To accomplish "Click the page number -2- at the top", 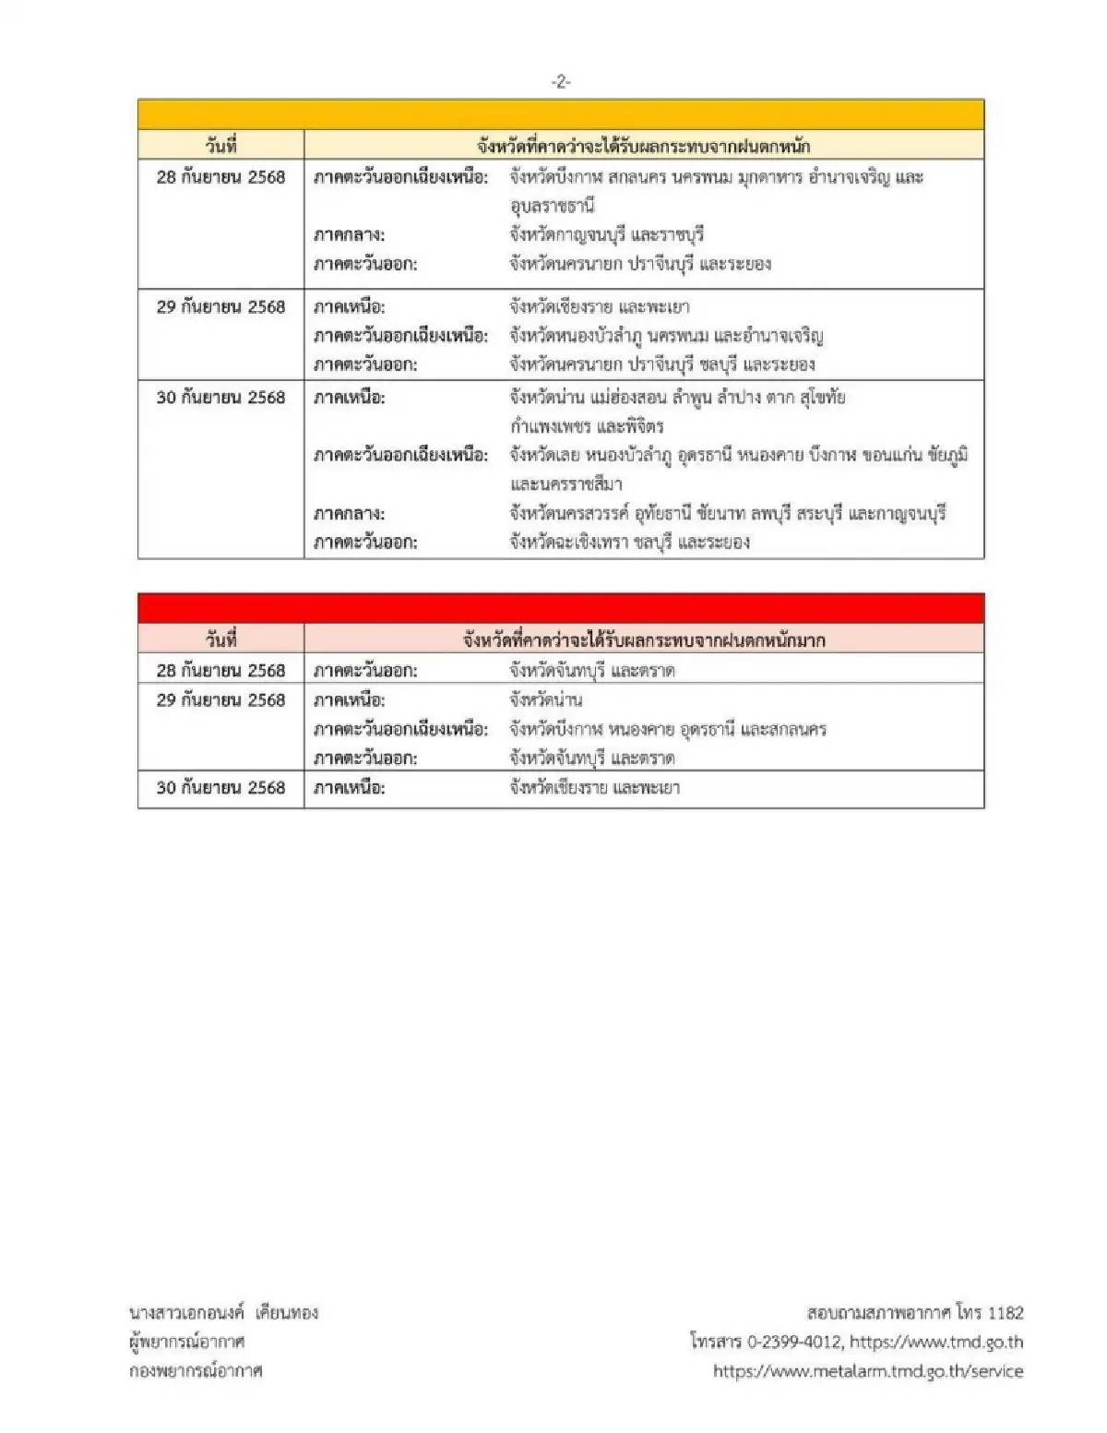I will coord(561,82).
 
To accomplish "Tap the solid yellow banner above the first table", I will coord(561,114).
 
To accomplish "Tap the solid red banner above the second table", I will coord(561,608).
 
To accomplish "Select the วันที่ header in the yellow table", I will coord(221,146).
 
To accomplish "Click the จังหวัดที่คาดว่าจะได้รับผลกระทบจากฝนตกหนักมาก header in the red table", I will coord(644,639).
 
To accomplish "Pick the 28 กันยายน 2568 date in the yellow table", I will coord(221,177).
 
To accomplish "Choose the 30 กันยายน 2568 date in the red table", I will coord(221,788).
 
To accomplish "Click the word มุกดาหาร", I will coord(767,177).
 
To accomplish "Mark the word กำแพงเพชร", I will coord(550,427).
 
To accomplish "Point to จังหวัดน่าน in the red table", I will coord(546,700).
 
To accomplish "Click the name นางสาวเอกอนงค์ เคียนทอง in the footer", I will coord(223,1312).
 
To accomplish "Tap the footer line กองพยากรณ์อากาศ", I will coord(196,1371).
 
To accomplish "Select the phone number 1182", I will coord(1005,1312).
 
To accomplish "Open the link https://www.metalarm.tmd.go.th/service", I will coord(868,1371).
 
